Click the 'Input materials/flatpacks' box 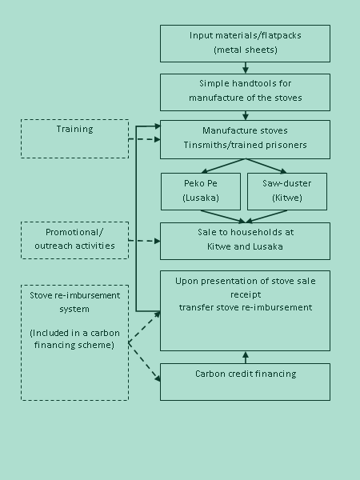[x=245, y=43]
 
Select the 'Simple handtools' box [x=245, y=92]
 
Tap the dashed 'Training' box [x=74, y=138]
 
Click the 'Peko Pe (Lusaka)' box [x=201, y=192]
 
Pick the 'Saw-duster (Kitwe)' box [x=287, y=192]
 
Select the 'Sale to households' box [x=245, y=242]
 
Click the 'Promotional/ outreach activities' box [x=74, y=240]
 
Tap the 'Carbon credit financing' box [x=245, y=382]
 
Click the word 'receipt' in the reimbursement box [x=246, y=294]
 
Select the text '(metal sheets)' [x=246, y=50]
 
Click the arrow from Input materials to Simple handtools [x=246, y=68]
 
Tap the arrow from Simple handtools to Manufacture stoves [x=246, y=116]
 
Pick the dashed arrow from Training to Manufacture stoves [x=145, y=139]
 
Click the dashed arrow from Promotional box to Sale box [x=145, y=241]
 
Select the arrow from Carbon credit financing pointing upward [x=246, y=358]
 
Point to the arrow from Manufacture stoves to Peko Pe [x=223, y=166]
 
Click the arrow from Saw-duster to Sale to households [x=266, y=217]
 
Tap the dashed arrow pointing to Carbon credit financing [x=144, y=362]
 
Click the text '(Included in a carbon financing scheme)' [x=74, y=339]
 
